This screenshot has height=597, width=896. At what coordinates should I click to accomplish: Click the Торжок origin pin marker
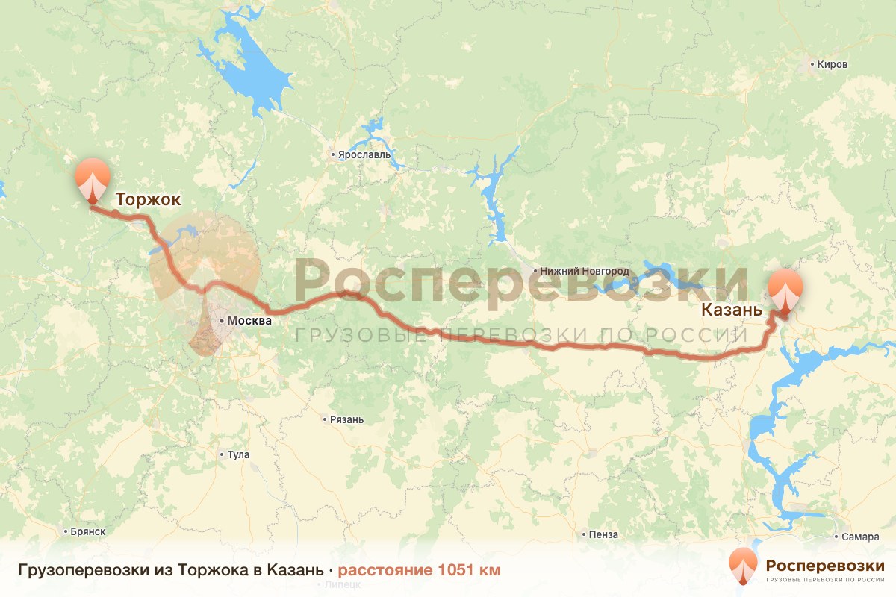[93, 179]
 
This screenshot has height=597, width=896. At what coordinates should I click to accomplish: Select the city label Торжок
[148, 200]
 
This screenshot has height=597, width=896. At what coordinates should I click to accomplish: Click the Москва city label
[249, 321]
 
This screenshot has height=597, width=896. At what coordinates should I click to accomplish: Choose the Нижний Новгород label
[586, 271]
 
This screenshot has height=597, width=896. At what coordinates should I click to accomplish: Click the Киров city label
[833, 65]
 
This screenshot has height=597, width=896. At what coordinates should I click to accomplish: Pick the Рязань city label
[347, 419]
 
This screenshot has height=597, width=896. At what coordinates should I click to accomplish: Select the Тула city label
[239, 454]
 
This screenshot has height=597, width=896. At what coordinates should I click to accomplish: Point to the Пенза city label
[603, 534]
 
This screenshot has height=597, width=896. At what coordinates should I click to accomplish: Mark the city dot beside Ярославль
[333, 155]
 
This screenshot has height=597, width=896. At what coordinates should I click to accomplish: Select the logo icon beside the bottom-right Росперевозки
[743, 566]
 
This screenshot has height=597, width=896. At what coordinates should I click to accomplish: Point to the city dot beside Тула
[222, 454]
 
